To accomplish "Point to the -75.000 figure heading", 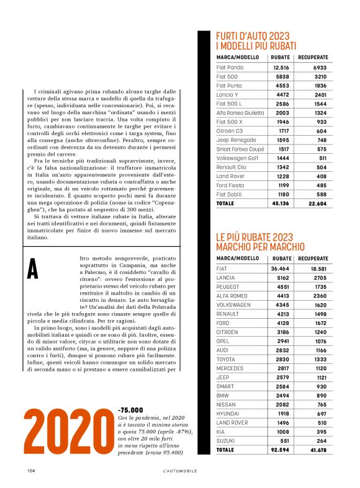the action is (x=130, y=410).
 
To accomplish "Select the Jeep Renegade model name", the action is (x=235, y=140).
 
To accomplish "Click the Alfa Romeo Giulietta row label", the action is (x=240, y=113).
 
